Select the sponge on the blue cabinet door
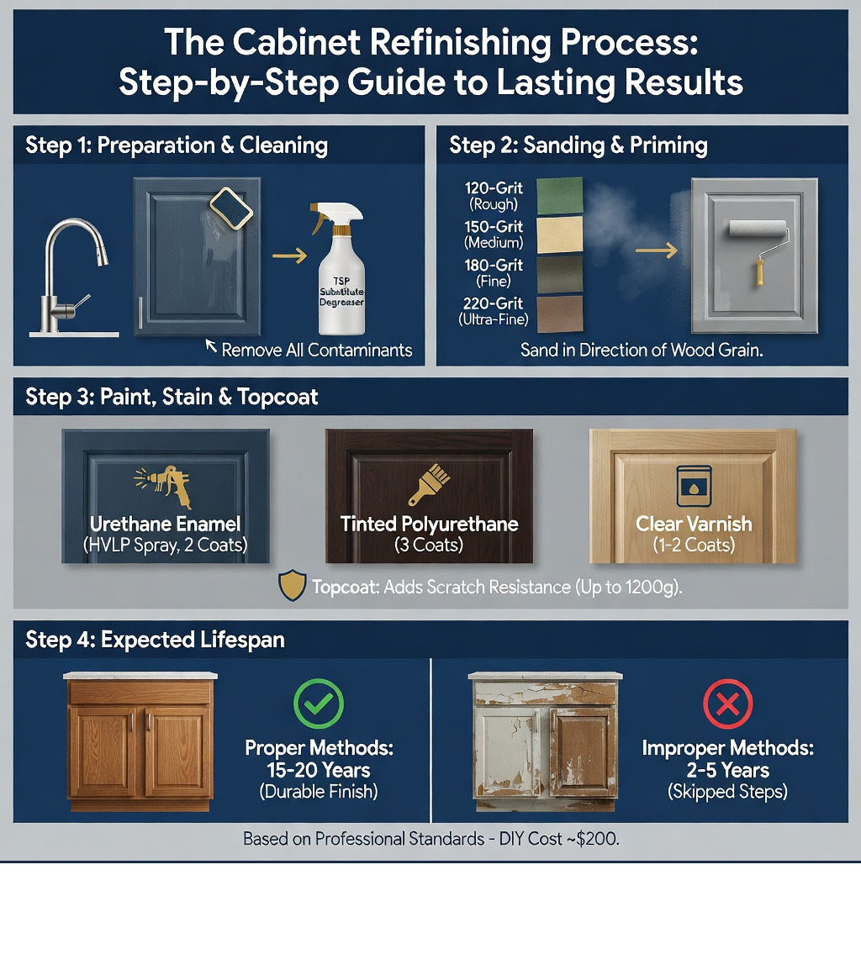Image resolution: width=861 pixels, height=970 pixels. tap(231, 208)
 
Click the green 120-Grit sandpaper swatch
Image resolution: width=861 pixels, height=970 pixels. tap(559, 196)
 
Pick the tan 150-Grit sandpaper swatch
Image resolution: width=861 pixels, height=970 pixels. tap(559, 235)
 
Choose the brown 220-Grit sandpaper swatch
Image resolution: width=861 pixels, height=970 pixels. tap(559, 314)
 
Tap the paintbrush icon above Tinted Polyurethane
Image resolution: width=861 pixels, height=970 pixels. tap(429, 485)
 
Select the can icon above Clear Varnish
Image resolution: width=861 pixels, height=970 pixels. tap(694, 486)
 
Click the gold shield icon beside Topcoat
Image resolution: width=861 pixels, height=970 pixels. tap(292, 585)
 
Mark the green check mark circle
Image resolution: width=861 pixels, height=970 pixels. tap(318, 704)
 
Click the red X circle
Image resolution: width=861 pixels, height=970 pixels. tap(728, 704)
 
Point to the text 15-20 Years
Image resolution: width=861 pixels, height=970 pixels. tap(319, 770)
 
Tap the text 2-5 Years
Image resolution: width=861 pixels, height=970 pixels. tap(728, 770)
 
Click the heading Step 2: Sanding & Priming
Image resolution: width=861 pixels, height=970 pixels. tap(578, 145)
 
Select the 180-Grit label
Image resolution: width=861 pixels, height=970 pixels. tap(494, 265)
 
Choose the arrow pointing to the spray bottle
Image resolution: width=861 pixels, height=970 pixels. tap(290, 255)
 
